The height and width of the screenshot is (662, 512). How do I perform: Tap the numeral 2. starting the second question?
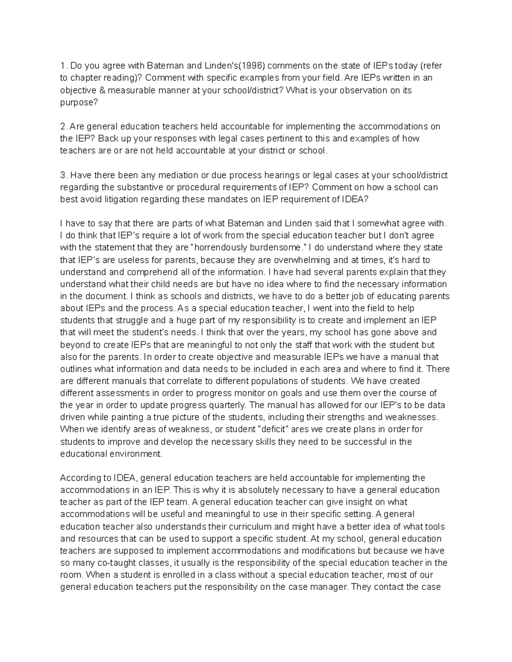(64, 127)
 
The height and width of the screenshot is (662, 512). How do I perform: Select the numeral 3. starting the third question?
(64, 175)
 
